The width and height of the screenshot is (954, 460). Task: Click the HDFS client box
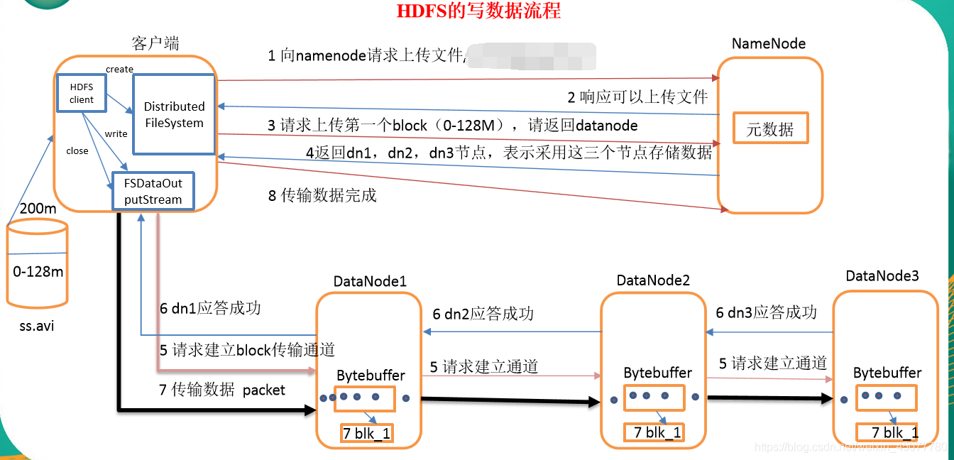coord(82,92)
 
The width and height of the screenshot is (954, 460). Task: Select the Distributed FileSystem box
coord(174,114)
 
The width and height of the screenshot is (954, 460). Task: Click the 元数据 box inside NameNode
coord(770,129)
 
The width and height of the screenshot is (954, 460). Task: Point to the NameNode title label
coord(769,44)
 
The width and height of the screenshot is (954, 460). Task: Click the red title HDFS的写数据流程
coord(478,11)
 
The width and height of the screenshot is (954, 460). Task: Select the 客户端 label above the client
coord(155,43)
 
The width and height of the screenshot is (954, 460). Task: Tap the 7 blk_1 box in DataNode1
coord(367,433)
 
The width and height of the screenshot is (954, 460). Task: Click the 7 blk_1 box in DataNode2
coord(654,432)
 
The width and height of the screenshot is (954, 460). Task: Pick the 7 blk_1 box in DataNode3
coord(887,432)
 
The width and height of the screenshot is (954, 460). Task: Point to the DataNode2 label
coord(653,280)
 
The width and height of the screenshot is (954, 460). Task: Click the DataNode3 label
coord(882,275)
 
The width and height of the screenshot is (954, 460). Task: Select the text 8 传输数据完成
coord(322,195)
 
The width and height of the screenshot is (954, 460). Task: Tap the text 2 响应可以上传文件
coord(637,97)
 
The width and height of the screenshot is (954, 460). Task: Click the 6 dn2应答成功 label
coord(483,314)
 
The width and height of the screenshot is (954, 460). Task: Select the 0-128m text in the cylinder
coord(38,271)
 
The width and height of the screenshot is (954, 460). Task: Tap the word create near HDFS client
coord(119,69)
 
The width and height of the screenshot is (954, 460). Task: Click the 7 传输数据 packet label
coord(223,390)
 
